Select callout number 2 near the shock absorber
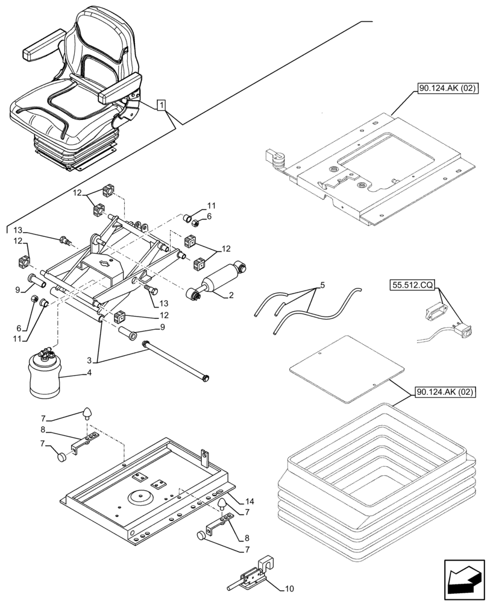click(x=230, y=295)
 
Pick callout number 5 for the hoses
click(x=322, y=284)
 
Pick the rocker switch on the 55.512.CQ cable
click(x=463, y=330)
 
